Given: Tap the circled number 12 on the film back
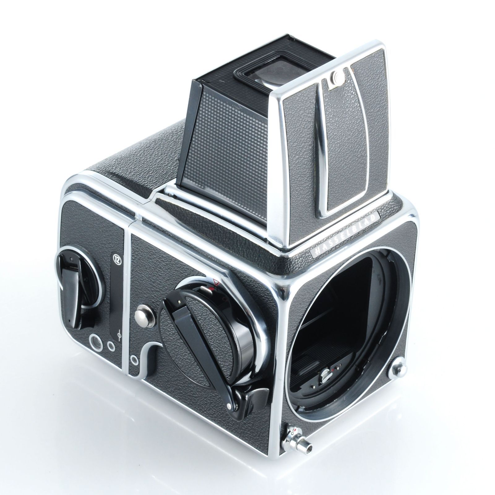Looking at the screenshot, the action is click(x=117, y=258).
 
